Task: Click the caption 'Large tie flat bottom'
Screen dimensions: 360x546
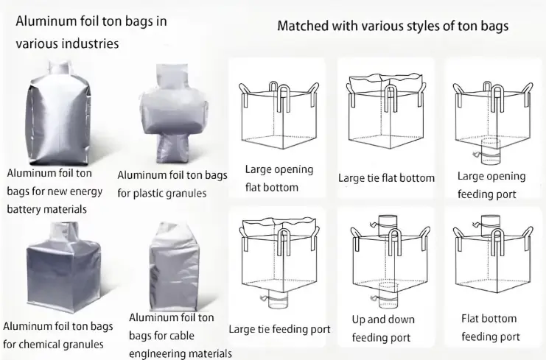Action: point(386,178)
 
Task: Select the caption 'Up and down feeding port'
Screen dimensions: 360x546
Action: point(383,328)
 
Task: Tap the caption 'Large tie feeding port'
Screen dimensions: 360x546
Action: point(279,329)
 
